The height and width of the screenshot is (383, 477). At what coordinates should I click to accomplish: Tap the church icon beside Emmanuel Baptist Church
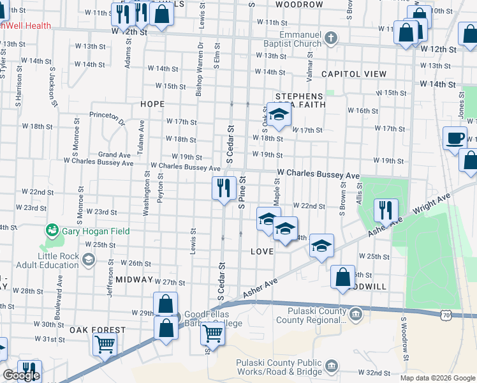pos(330,38)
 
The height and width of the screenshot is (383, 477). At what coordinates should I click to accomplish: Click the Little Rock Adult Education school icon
pos(88,260)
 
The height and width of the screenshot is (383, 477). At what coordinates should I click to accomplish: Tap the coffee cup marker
pos(455,138)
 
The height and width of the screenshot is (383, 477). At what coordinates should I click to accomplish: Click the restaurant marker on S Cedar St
pos(223,188)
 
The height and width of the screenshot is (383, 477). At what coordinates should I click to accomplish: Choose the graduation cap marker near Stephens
pos(278,114)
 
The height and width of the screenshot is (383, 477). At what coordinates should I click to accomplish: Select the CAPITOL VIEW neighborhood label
pos(354,74)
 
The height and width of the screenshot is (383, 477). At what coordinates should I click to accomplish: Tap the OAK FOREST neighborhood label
pos(98,330)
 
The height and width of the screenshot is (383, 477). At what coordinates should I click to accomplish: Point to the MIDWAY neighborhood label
pos(135,280)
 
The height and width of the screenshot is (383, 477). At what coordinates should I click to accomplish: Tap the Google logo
pos(21,376)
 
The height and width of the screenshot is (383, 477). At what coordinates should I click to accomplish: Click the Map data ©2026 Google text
pos(437,378)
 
